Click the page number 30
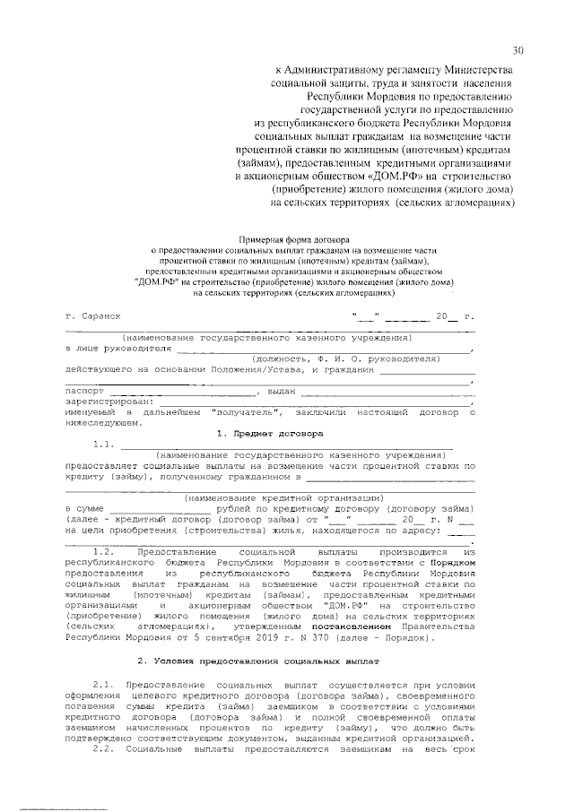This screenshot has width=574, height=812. click(518, 49)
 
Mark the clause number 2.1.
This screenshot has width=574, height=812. click(105, 684)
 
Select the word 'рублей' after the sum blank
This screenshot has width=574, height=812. click(236, 509)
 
